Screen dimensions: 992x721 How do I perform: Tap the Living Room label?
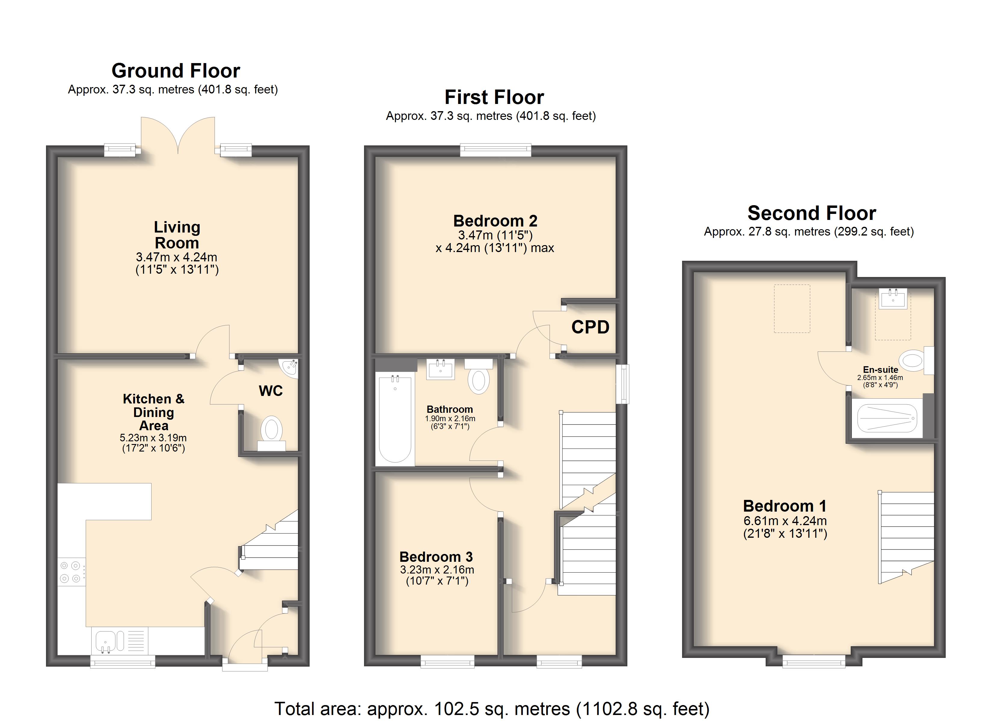177,235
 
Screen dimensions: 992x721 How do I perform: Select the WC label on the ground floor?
271,391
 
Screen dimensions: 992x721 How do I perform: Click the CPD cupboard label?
590,327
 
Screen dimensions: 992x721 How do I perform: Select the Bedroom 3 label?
436,557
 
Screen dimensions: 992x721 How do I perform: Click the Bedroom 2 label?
495,221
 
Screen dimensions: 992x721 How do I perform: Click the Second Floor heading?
812,213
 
